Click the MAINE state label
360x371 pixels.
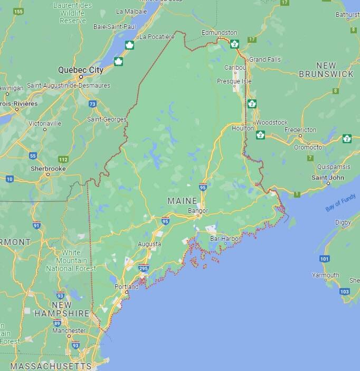tap(182, 201)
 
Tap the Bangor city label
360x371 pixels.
tap(198, 211)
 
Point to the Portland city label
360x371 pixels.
tap(127, 287)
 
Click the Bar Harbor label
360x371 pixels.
tap(225, 239)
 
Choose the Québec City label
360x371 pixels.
tap(81, 70)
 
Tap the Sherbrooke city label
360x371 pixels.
tap(48, 168)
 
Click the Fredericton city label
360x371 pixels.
tap(300, 129)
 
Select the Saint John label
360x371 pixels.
tap(328, 177)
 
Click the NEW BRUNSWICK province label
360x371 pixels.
tap(326, 70)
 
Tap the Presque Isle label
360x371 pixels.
tap(234, 81)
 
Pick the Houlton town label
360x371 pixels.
tap(243, 128)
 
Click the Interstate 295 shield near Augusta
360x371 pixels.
tap(144, 268)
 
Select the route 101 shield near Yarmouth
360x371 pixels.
tap(324, 258)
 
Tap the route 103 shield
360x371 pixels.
tap(344, 291)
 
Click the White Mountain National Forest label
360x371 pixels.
tap(67, 261)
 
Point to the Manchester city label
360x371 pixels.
tap(69, 330)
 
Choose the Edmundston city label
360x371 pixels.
tap(219, 33)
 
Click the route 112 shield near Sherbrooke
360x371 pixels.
tap(64, 159)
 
